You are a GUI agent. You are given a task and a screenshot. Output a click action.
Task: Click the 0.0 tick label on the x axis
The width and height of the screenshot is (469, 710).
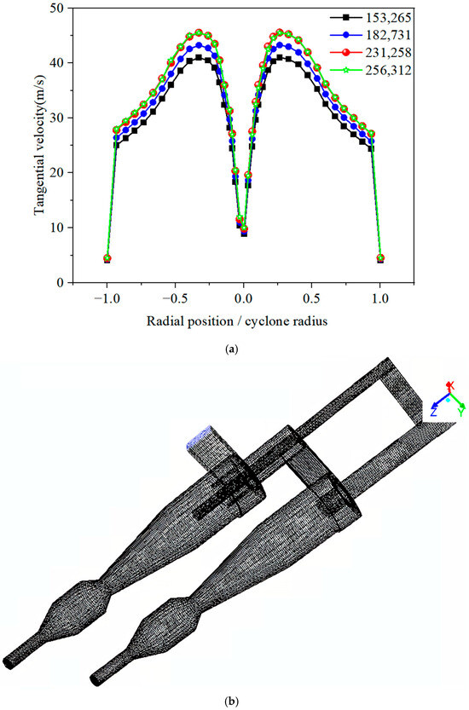[244, 299]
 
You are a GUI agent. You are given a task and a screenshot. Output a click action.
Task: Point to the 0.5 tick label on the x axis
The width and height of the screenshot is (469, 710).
[312, 299]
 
